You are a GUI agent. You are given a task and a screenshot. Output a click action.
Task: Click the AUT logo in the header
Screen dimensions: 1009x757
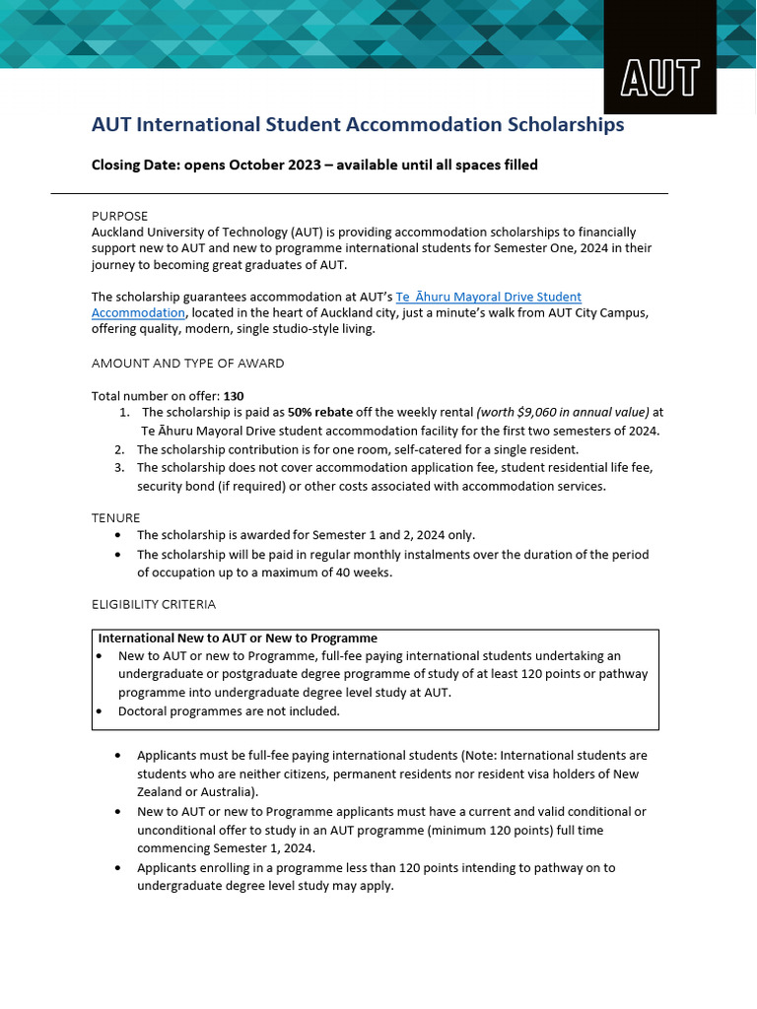point(659,77)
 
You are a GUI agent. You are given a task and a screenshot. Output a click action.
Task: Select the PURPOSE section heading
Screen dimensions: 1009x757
point(119,216)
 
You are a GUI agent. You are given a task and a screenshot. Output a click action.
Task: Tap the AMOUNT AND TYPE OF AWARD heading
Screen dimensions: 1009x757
point(187,363)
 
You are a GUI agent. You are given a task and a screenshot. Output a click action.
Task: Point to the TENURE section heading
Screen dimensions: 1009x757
point(115,517)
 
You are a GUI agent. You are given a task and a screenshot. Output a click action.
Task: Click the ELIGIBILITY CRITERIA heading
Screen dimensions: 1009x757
point(153,604)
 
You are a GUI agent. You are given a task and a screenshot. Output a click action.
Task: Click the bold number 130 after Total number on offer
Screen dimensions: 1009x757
point(234,396)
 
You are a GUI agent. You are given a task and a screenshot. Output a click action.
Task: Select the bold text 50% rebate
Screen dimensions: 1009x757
point(319,413)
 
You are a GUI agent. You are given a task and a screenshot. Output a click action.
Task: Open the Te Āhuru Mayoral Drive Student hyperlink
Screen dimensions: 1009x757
point(488,297)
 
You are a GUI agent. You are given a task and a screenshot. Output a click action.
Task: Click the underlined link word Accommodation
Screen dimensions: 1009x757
point(138,312)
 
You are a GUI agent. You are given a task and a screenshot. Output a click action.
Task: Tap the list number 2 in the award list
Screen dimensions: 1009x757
point(118,449)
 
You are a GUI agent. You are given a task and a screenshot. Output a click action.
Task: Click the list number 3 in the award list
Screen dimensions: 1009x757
point(118,468)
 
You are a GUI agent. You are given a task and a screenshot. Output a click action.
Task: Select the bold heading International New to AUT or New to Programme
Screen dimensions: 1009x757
point(238,639)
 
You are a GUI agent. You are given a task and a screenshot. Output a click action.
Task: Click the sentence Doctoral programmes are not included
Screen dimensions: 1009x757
point(229,710)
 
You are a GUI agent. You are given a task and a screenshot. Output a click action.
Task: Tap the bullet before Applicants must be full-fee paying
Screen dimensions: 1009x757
point(118,756)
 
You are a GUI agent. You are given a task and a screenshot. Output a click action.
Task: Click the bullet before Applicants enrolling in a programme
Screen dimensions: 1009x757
point(118,868)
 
